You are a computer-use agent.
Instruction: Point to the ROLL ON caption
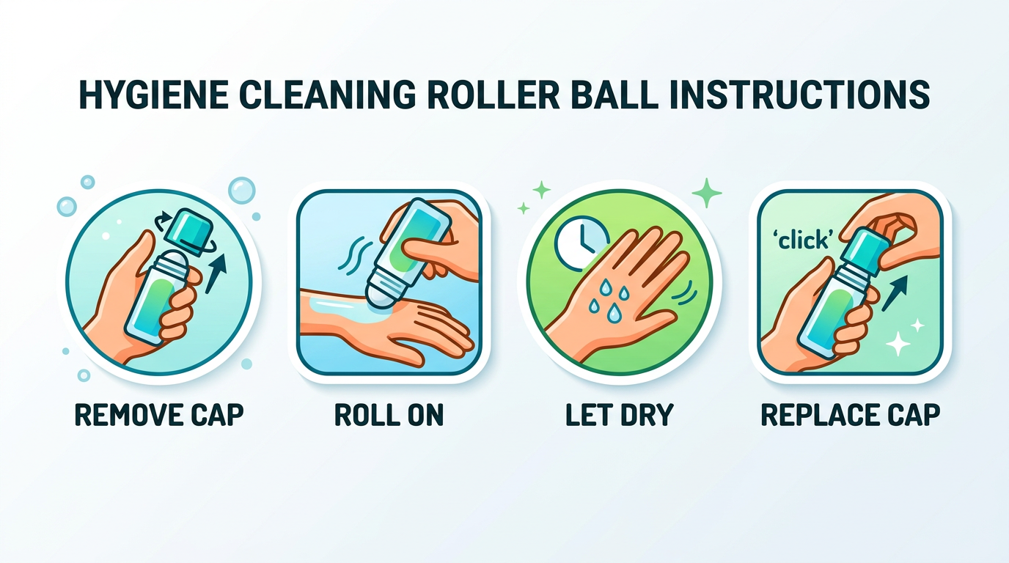tap(389, 414)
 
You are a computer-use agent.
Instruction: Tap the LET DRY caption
tap(619, 414)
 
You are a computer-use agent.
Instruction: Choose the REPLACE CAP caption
tap(850, 414)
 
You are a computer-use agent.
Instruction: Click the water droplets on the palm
tap(611, 298)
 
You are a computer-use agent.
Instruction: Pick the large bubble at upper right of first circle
tap(241, 190)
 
